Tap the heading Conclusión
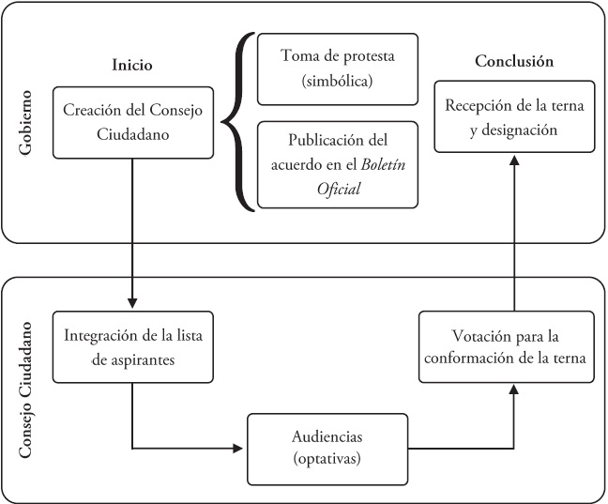pyautogui.click(x=513, y=61)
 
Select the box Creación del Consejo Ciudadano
pyautogui.click(x=131, y=122)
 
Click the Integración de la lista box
pyautogui.click(x=131, y=346)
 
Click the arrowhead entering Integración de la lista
pyautogui.click(x=131, y=304)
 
